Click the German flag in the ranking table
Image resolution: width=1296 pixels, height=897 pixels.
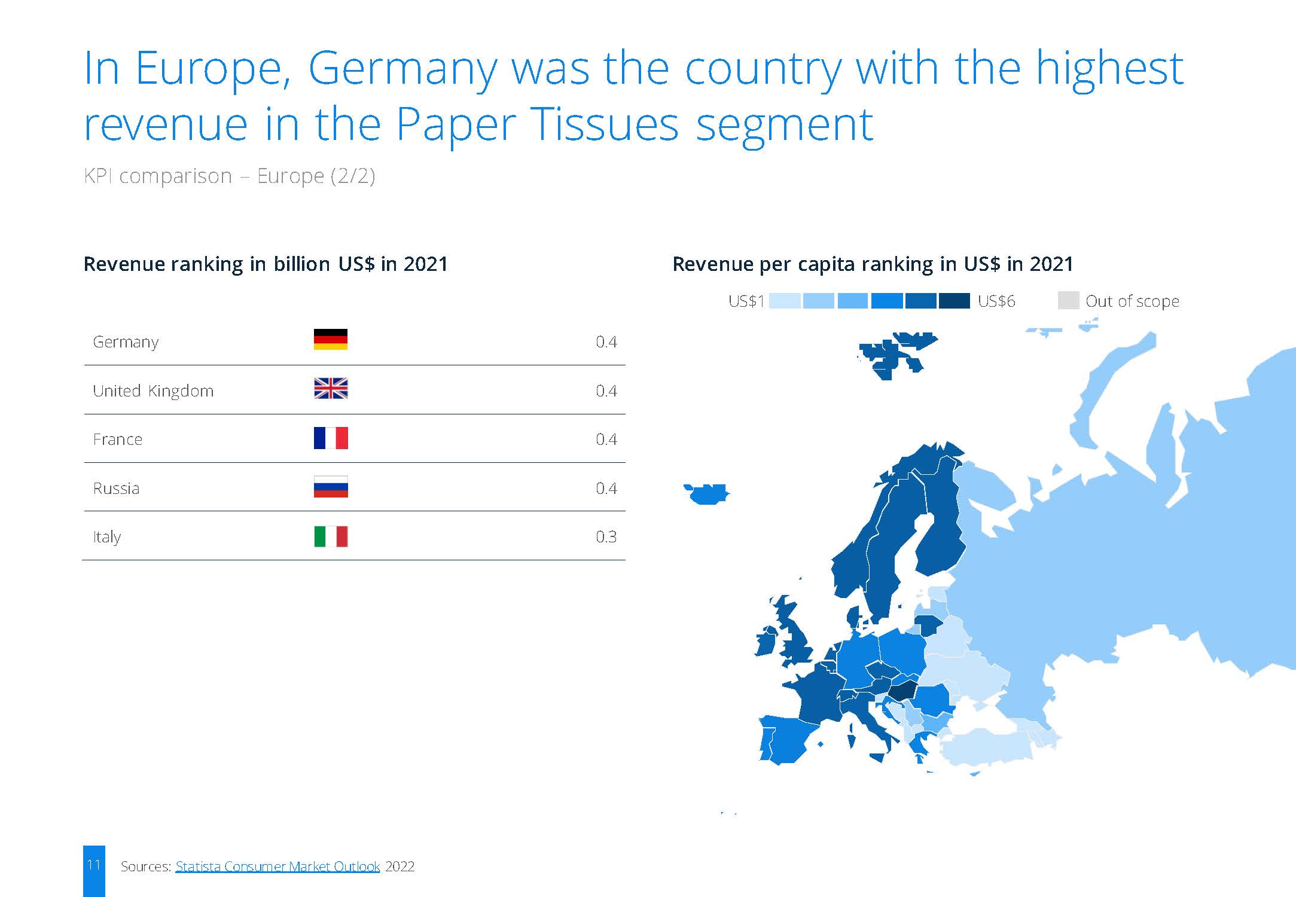point(331,339)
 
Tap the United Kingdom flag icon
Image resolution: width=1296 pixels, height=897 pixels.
point(331,389)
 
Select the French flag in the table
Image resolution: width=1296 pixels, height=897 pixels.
point(331,438)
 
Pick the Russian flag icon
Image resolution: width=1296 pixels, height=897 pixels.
point(331,487)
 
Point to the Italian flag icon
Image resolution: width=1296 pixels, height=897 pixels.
point(331,536)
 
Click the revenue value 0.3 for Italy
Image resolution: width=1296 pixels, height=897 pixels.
point(606,536)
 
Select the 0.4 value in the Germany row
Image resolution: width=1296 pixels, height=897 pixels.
point(606,341)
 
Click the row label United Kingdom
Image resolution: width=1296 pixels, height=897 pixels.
point(153,390)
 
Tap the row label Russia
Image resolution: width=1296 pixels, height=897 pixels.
point(116,488)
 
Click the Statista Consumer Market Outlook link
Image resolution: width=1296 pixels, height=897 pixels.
point(278,866)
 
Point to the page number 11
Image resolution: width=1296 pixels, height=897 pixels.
point(94,865)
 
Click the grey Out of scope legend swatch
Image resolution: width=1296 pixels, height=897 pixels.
point(1068,300)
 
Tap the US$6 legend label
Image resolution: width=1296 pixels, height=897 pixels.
point(996,301)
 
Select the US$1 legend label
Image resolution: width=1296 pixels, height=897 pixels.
point(746,301)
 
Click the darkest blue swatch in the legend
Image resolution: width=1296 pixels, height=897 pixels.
point(954,301)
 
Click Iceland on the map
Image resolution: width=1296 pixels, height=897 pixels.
point(708,495)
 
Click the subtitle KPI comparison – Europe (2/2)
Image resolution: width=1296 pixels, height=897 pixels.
point(230,176)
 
